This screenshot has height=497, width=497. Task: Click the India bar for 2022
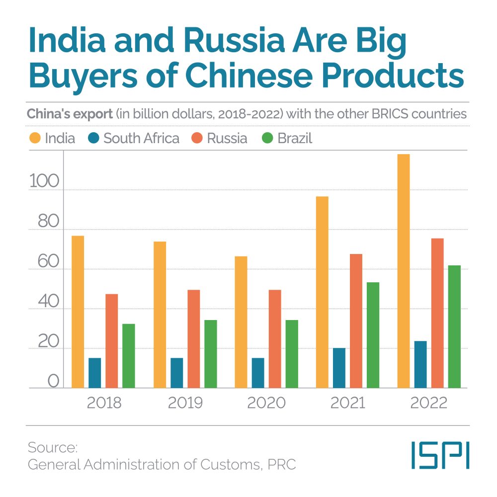tap(404, 271)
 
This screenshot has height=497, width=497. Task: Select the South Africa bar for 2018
tap(94, 373)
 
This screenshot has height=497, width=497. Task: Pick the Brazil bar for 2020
tap(292, 354)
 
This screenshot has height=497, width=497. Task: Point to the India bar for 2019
tap(160, 315)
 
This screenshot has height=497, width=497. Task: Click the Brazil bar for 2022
tap(454, 327)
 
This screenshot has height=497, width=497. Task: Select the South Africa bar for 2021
tap(339, 368)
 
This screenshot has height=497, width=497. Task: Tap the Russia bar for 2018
tap(112, 341)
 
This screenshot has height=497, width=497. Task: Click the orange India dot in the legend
tap(33, 138)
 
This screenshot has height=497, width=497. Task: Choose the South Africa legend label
tap(141, 138)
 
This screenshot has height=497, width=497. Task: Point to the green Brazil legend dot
tap(267, 138)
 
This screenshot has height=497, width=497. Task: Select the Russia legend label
tap(227, 138)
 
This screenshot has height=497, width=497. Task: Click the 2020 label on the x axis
tap(266, 402)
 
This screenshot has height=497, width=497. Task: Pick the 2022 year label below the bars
tap(429, 402)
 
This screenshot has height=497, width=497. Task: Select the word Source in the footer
tap(52, 447)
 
